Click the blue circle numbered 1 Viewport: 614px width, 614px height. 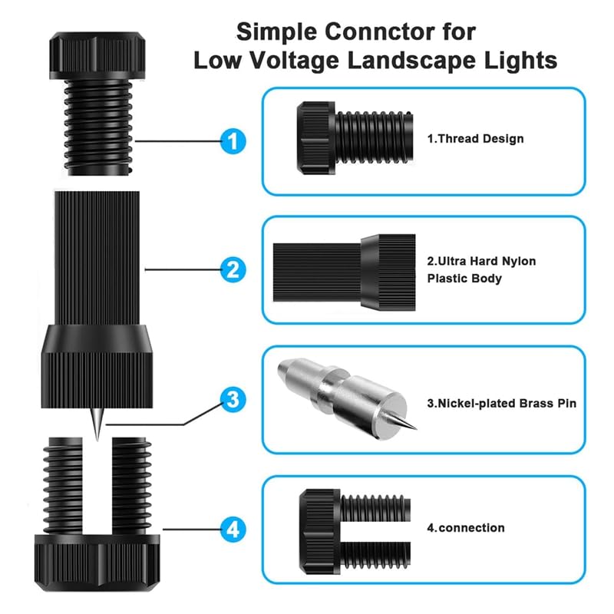(233, 140)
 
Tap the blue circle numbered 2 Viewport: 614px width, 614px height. (233, 269)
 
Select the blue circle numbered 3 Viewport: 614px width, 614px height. (233, 398)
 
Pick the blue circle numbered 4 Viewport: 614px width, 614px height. (233, 528)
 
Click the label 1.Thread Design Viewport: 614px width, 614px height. (475, 139)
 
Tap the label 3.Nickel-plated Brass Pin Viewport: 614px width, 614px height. (501, 403)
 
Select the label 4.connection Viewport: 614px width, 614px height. (466, 528)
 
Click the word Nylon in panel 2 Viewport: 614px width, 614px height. (519, 262)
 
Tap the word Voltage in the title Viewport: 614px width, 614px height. (295, 61)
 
